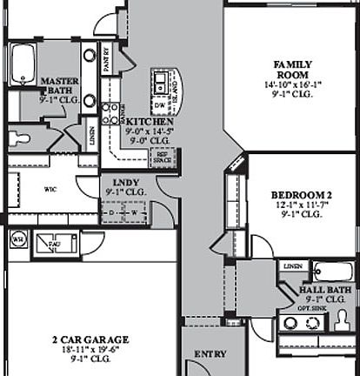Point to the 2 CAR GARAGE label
click(90, 339)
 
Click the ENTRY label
click(210, 354)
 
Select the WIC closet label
click(50, 187)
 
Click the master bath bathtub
click(22, 64)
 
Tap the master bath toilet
click(18, 138)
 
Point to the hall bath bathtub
click(331, 271)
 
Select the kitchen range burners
click(110, 114)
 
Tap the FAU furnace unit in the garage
click(54, 243)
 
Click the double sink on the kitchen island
click(161, 83)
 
